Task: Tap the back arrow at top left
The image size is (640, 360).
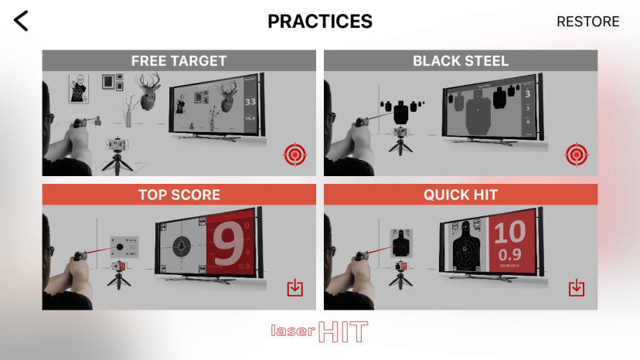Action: pos(21,21)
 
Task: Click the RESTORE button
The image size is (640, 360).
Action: pos(587,22)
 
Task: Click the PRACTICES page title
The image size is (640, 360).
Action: pos(320,22)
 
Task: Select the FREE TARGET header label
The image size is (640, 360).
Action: pos(179,61)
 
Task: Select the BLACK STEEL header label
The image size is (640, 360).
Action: pos(461,61)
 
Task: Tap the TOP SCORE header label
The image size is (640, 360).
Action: pos(179,195)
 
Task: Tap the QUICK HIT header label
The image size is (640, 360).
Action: pos(461,195)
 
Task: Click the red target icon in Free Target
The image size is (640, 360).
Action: pos(294,155)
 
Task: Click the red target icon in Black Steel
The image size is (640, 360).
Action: pos(576,155)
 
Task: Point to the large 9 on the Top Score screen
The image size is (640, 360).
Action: pos(228,246)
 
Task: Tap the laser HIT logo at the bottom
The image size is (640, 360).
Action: pos(319,331)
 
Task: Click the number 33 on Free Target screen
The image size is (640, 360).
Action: pos(250,101)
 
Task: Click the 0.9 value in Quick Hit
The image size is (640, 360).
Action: pos(509,254)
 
